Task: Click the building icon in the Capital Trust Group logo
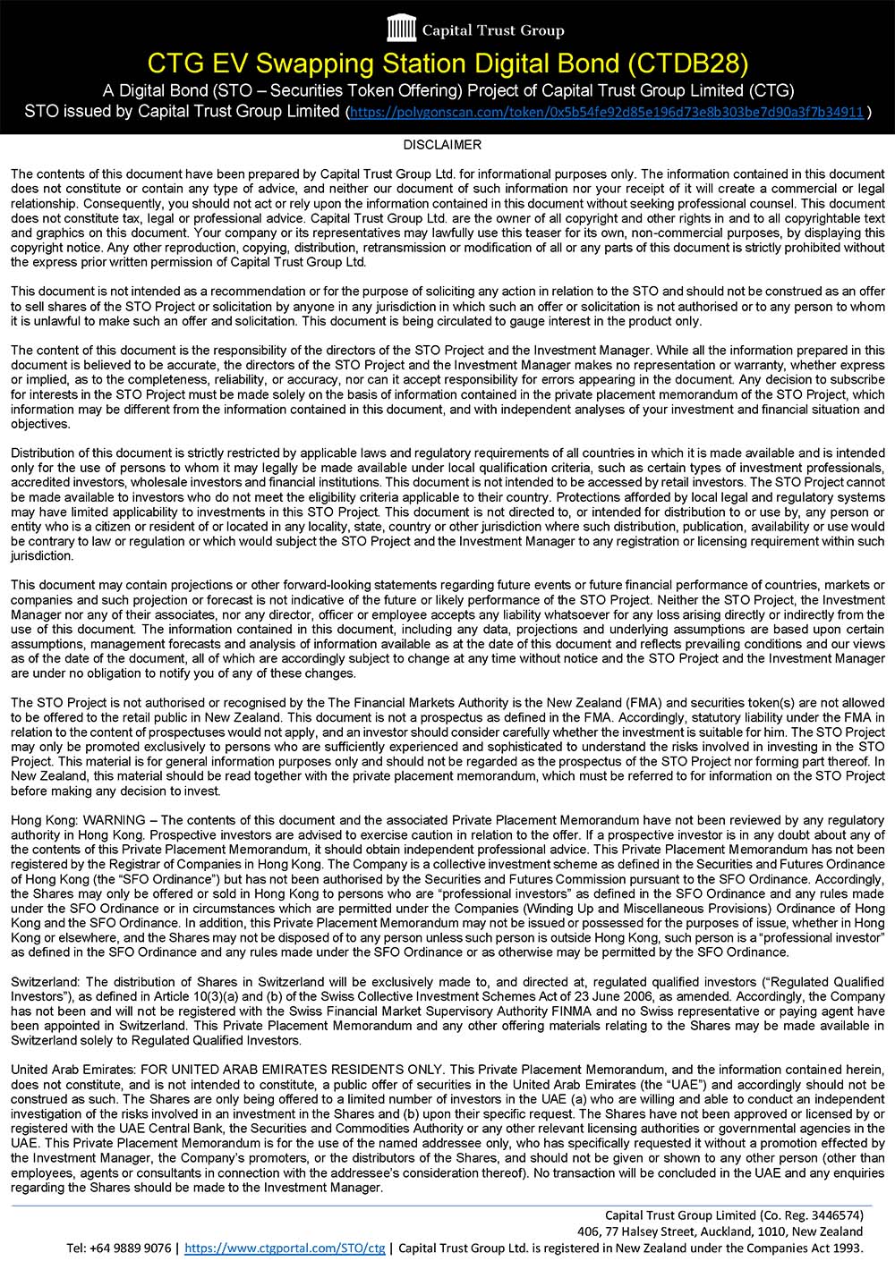(401, 30)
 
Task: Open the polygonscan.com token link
(606, 113)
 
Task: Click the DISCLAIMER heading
(442, 144)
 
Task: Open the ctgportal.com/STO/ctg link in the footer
(285, 1248)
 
